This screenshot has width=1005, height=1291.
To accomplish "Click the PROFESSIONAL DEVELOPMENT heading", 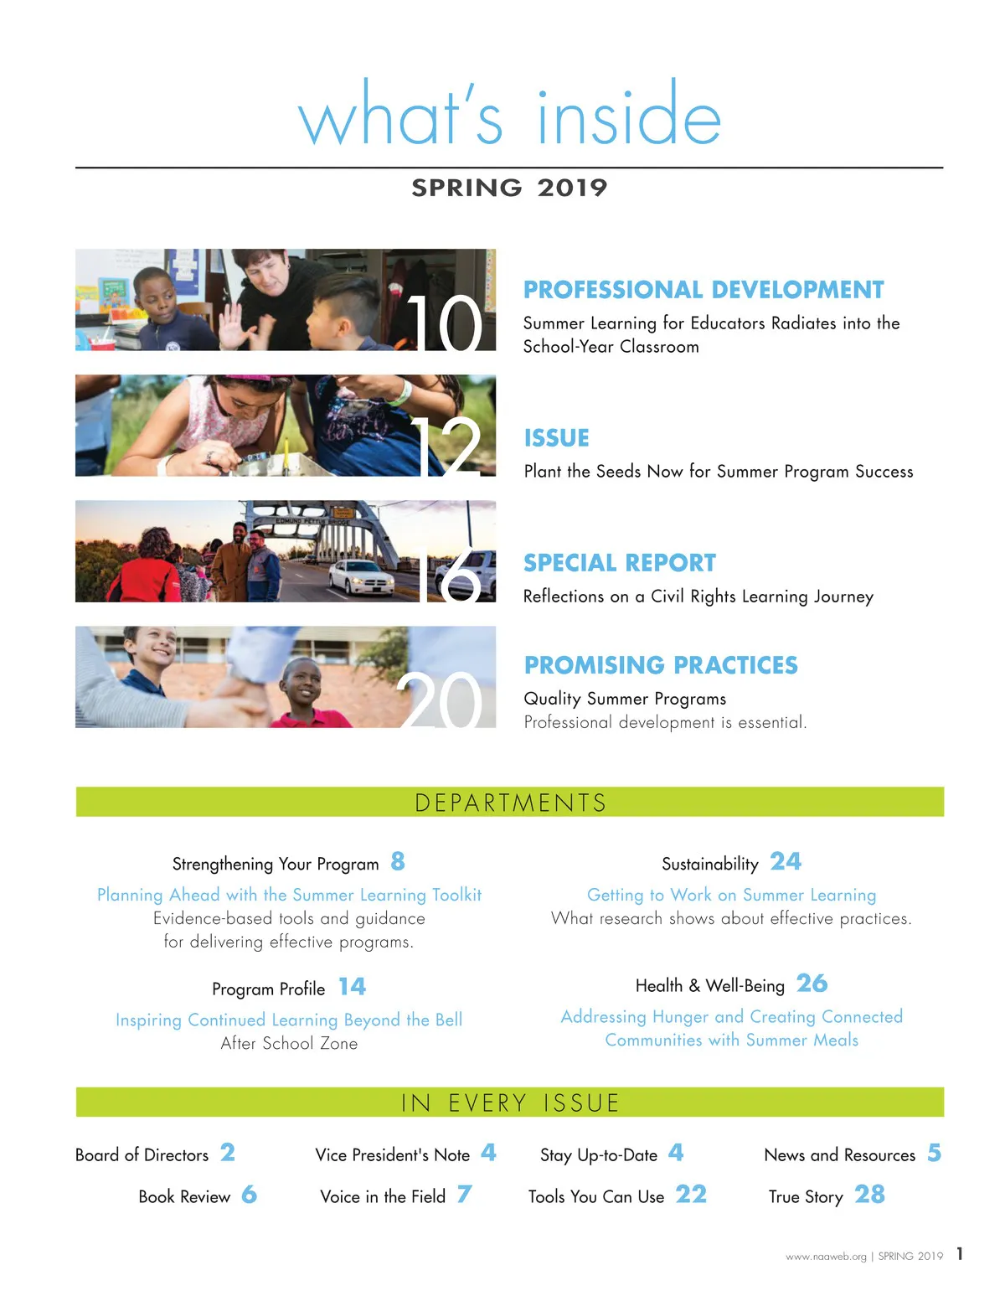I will pos(703,290).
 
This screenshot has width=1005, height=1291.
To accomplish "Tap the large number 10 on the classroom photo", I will pos(445,323).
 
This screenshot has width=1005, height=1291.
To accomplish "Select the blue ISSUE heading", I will pos(556,438).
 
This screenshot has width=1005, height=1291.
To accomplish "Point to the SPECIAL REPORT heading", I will pos(620,563).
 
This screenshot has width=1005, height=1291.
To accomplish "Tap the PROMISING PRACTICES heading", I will pos(661,665).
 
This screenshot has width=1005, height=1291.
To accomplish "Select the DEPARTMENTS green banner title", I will pos(510,803).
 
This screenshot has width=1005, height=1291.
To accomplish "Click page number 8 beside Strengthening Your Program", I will pos(398,861).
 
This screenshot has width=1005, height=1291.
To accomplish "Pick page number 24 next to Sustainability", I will pos(786,861).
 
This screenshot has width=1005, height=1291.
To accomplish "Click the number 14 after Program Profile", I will pos(352,987).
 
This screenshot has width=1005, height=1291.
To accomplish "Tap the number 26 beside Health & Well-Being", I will pos(812,984).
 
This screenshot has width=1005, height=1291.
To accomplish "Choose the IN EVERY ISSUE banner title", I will pos(510,1103).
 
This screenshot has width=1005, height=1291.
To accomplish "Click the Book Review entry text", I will pos(184,1197).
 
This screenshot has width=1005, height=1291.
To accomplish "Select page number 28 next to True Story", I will pos(869,1195).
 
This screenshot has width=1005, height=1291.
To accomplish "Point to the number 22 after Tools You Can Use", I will pos(691,1195).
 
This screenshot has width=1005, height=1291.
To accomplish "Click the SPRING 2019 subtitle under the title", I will pos(509,188).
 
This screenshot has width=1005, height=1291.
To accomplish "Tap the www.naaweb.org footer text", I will pos(826,1257).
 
